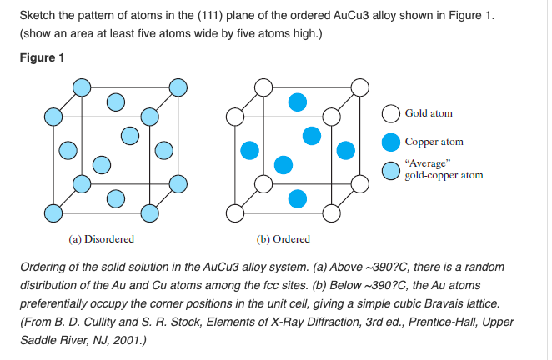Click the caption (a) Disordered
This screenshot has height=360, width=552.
click(x=101, y=238)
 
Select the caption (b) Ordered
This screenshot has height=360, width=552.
click(x=284, y=238)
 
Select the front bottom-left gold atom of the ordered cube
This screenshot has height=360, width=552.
click(x=237, y=213)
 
